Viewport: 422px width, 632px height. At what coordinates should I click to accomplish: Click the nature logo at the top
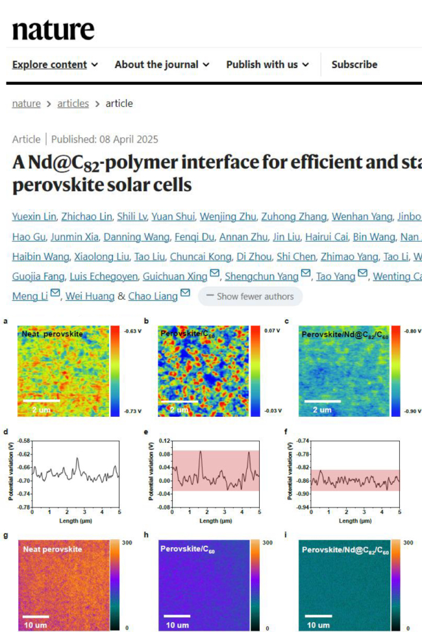(53, 29)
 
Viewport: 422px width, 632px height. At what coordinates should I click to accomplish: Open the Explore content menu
(55, 65)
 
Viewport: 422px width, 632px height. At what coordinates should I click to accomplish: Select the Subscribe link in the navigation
(354, 65)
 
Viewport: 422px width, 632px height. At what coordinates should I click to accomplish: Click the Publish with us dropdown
(267, 65)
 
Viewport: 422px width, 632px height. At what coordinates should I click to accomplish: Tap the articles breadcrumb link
(73, 104)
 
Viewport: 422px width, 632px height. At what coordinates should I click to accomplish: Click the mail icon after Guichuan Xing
(214, 275)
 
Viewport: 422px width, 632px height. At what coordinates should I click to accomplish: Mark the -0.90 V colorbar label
(413, 410)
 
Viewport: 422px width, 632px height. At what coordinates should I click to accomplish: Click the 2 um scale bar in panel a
(42, 401)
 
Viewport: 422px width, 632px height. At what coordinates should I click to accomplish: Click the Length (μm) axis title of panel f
(355, 521)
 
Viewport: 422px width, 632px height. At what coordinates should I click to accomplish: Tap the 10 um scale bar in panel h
(177, 616)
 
